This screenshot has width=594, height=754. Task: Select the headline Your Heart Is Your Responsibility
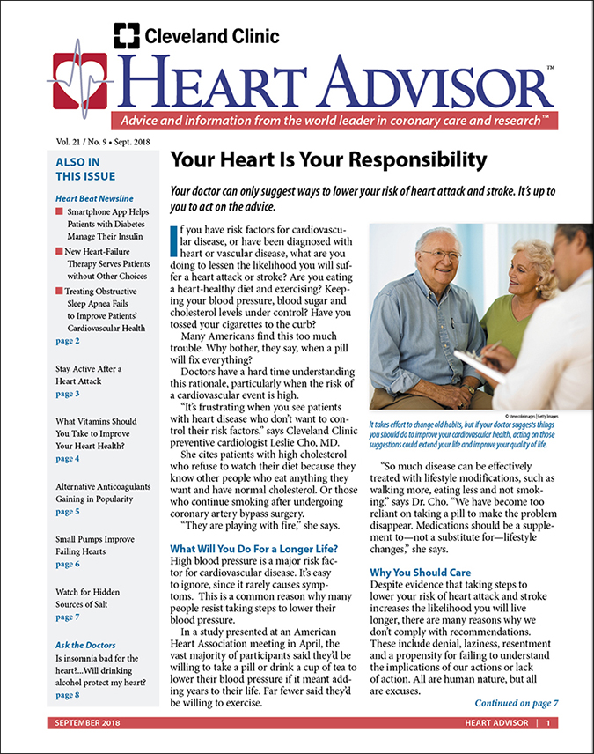327,160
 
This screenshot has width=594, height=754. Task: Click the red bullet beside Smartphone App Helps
59,214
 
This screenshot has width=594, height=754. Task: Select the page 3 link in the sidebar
67,394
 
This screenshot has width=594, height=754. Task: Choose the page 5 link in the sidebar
67,511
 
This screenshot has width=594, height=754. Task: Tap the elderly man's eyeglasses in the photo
439,255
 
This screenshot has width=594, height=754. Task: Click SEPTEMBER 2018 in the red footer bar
86,723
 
